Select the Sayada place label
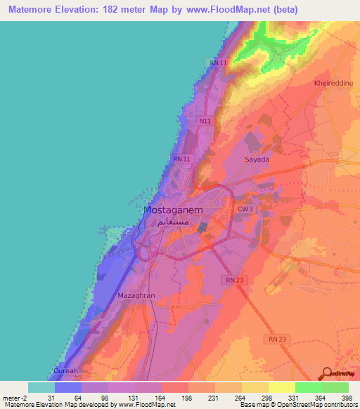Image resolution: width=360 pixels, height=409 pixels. pyautogui.click(x=257, y=160)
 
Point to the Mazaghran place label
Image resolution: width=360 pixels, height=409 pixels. pyautogui.click(x=135, y=296)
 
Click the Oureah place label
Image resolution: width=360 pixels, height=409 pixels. pyautogui.click(x=67, y=371)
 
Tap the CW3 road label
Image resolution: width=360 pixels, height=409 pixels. pyautogui.click(x=244, y=209)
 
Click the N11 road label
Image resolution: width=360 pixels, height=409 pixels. pyautogui.click(x=205, y=121)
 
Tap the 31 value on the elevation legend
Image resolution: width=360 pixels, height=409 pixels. pyautogui.click(x=55, y=399)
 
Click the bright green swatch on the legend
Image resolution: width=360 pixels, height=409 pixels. pyautogui.click(x=308, y=387)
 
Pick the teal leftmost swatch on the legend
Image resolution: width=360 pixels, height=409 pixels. pyautogui.click(x=41, y=387)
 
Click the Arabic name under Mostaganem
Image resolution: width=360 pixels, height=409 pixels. pyautogui.click(x=173, y=221)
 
